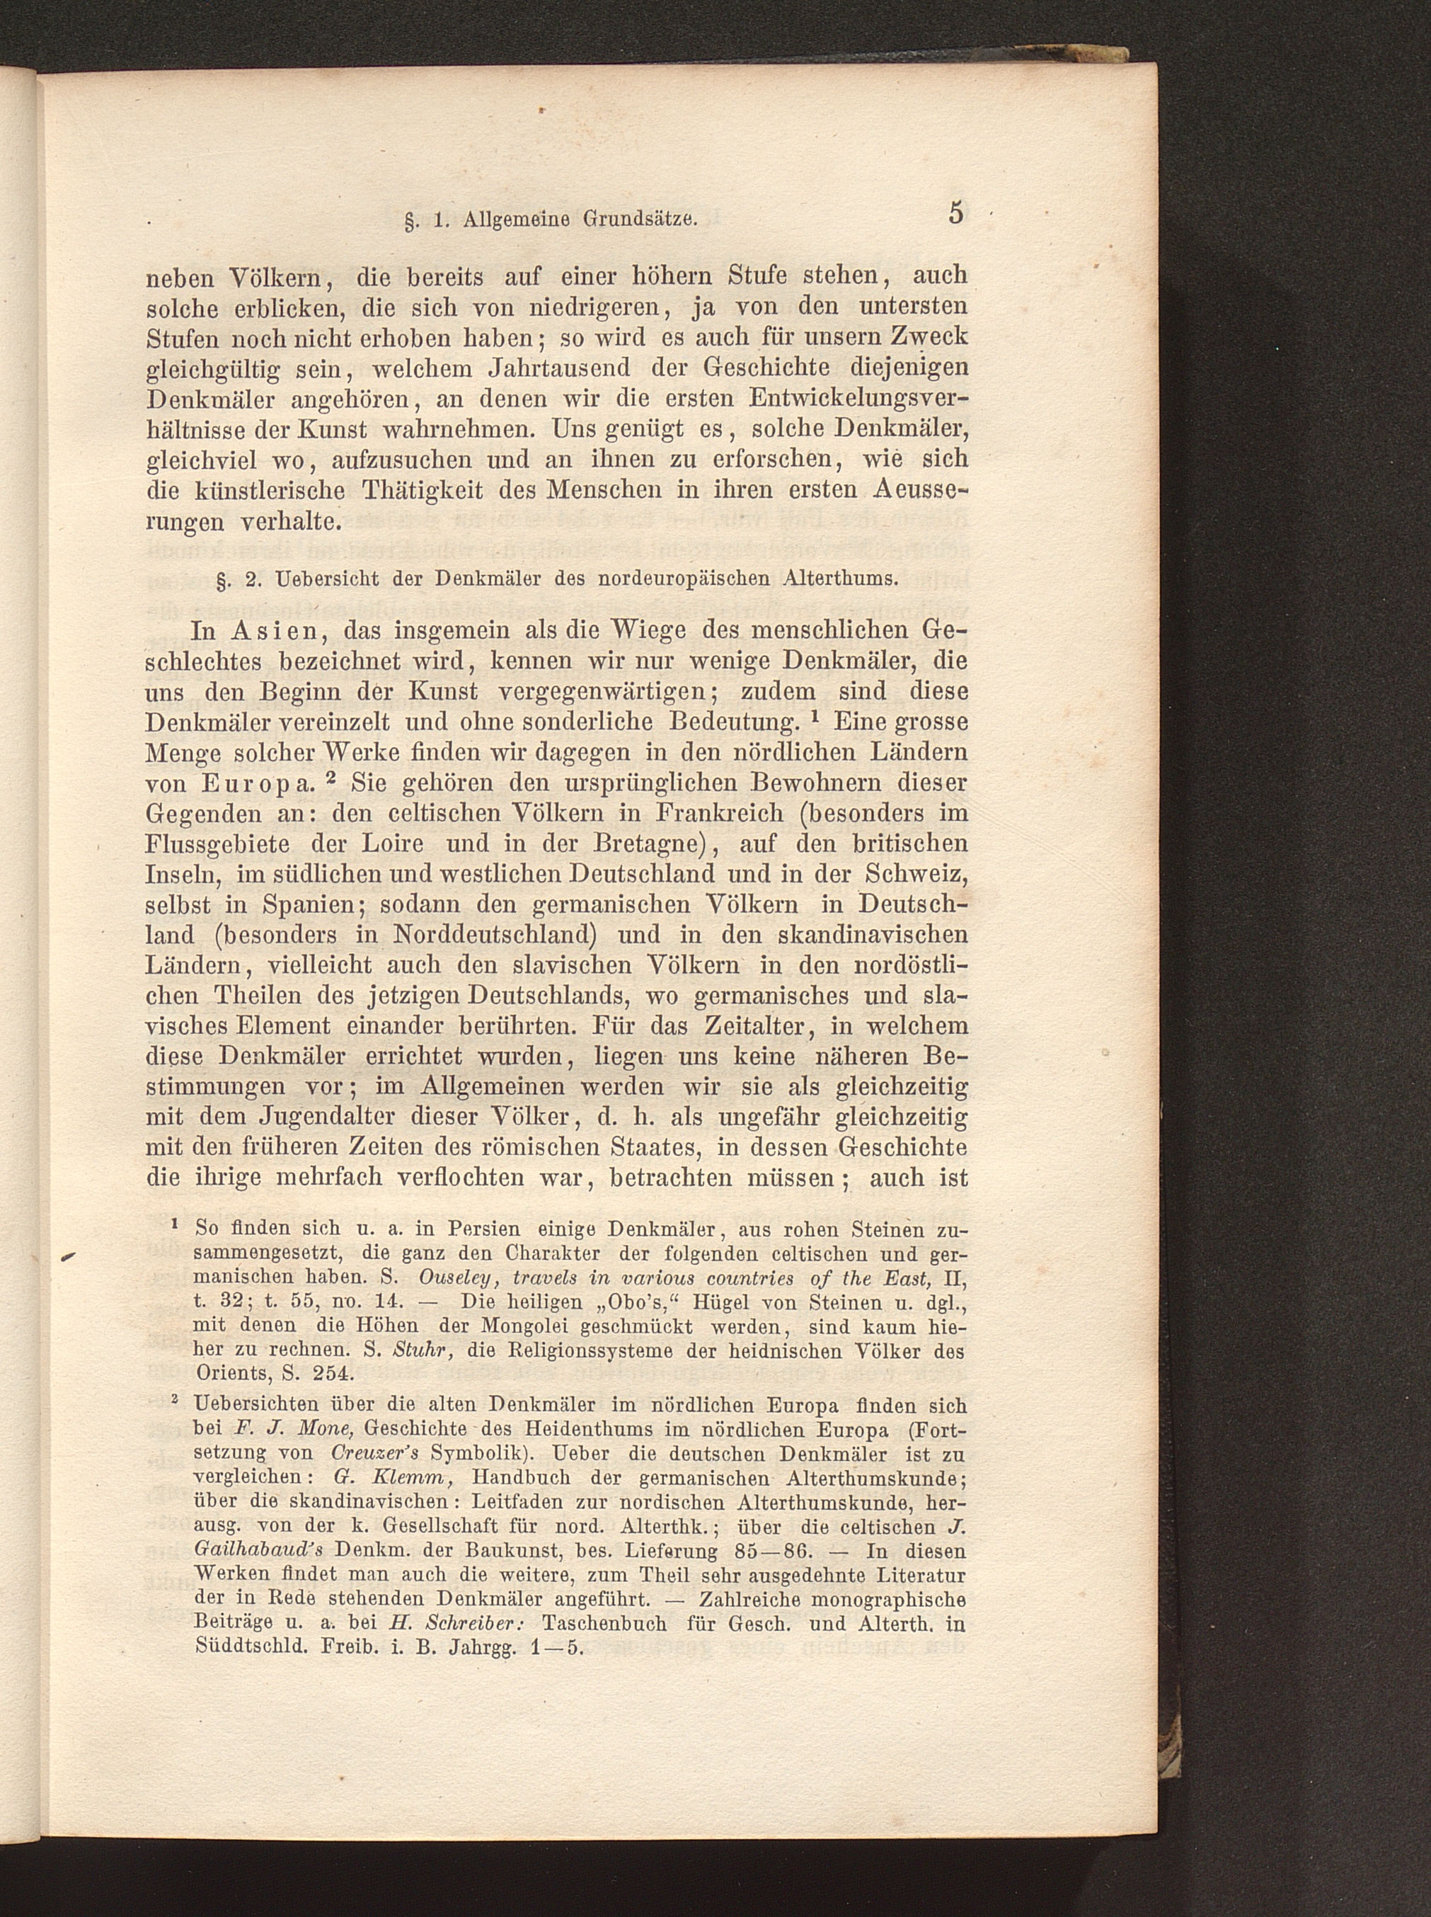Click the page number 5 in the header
tap(955, 212)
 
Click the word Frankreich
tap(720, 814)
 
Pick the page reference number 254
tap(335, 1374)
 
